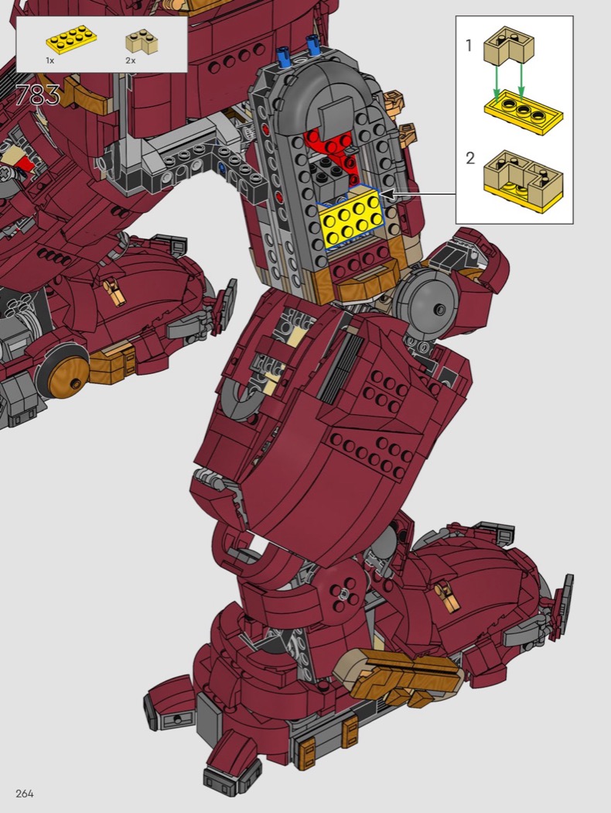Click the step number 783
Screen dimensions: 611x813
(x=38, y=95)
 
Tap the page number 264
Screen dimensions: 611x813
(x=25, y=794)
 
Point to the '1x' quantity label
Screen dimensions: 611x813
(x=50, y=60)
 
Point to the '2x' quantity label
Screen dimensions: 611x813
(x=130, y=60)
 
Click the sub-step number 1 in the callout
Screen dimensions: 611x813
(x=469, y=46)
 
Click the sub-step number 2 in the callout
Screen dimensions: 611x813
(x=470, y=158)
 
